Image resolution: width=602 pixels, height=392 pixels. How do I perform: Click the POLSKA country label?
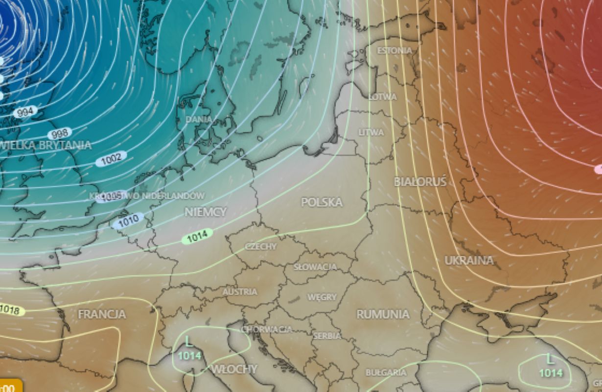pyautogui.click(x=322, y=202)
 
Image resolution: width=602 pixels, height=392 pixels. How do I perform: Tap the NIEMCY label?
pyautogui.click(x=206, y=212)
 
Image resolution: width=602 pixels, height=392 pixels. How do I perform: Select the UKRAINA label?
pyautogui.click(x=468, y=260)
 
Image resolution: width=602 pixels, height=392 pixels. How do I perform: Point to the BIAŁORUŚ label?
pyautogui.click(x=420, y=182)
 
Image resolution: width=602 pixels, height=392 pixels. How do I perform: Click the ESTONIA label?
pyautogui.click(x=394, y=50)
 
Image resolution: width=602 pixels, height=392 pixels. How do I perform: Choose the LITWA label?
pyautogui.click(x=371, y=132)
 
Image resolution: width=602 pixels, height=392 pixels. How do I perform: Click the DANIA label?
pyautogui.click(x=199, y=119)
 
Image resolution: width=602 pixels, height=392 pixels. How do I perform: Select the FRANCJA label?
pyautogui.click(x=102, y=314)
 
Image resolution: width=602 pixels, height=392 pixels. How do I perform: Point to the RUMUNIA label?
pyautogui.click(x=383, y=314)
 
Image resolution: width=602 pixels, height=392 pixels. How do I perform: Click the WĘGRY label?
pyautogui.click(x=322, y=297)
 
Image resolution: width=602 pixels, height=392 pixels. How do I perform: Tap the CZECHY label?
pyautogui.click(x=261, y=246)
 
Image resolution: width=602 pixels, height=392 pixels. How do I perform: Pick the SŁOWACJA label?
pyautogui.click(x=315, y=267)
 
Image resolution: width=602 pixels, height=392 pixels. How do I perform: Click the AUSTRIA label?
pyautogui.click(x=240, y=292)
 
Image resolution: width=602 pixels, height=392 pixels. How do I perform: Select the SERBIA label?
pyautogui.click(x=327, y=336)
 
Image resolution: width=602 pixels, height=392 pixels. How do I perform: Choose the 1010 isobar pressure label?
pyautogui.click(x=128, y=221)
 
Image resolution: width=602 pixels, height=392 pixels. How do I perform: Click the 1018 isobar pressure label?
pyautogui.click(x=10, y=310)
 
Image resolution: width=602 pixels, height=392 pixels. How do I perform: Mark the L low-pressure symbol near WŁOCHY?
pyautogui.click(x=188, y=341)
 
